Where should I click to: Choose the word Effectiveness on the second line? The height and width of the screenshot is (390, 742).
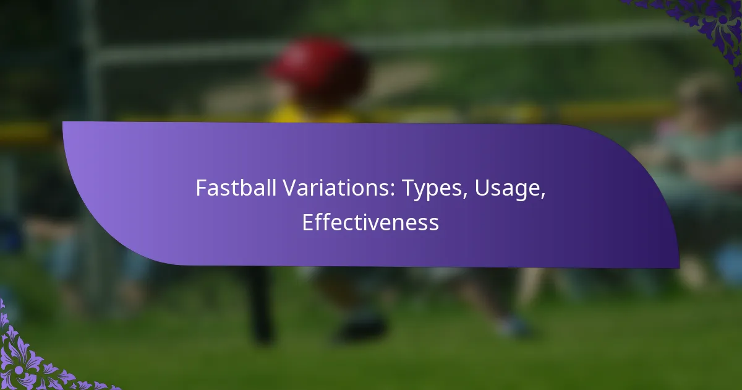(370, 222)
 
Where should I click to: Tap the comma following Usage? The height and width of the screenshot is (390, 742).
(544, 196)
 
